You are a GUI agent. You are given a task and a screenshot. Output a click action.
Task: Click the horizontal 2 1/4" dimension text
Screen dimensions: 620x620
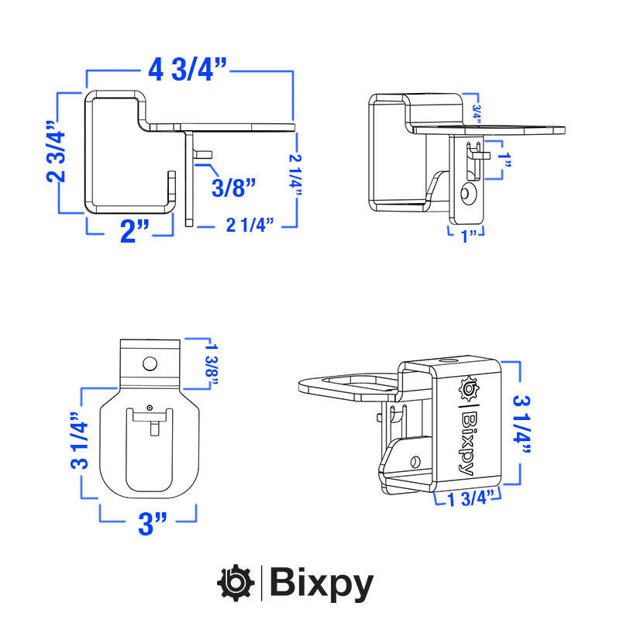[250, 226]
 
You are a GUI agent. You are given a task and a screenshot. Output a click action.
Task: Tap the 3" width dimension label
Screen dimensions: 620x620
[153, 523]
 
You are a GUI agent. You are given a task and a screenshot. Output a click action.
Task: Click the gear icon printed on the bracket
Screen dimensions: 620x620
[469, 387]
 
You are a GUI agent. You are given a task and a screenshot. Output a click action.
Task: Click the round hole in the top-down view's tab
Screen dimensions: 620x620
[150, 363]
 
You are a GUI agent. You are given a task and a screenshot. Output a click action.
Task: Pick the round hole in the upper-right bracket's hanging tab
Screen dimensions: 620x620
[467, 191]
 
